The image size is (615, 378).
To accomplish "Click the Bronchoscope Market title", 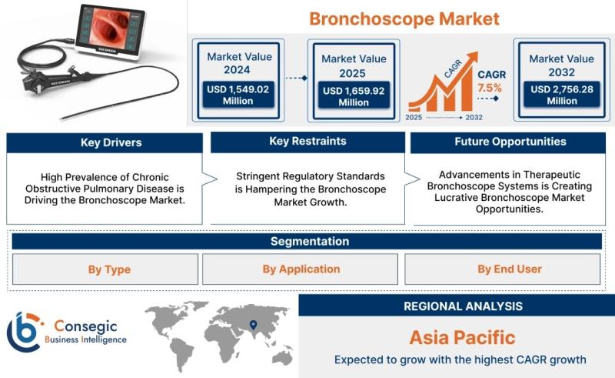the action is click(x=404, y=18).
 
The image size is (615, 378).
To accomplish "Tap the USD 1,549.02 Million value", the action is click(x=238, y=95).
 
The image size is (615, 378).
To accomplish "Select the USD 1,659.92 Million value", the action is click(x=354, y=97).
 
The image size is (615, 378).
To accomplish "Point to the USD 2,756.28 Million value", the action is click(x=562, y=95).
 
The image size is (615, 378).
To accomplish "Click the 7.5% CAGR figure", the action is click(x=490, y=88).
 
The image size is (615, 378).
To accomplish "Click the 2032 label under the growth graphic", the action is click(x=474, y=117).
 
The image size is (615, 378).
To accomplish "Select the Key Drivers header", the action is click(x=111, y=142).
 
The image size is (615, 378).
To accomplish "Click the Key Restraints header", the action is click(x=308, y=141).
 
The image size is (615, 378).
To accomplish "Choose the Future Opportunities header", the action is click(x=510, y=142).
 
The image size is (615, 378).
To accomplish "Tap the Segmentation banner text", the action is click(x=310, y=241).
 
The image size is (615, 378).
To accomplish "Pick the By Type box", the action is click(x=105, y=269).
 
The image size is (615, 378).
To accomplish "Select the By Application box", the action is click(x=300, y=269).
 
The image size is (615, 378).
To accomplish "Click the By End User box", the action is click(x=503, y=269).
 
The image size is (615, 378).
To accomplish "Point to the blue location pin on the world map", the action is click(x=254, y=325).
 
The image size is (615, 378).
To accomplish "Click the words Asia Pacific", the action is click(x=463, y=337).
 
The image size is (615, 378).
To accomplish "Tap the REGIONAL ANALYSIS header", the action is click(x=464, y=306).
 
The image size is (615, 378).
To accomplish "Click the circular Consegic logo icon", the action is click(x=25, y=332).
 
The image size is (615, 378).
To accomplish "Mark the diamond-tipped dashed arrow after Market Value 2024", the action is click(x=296, y=79).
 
